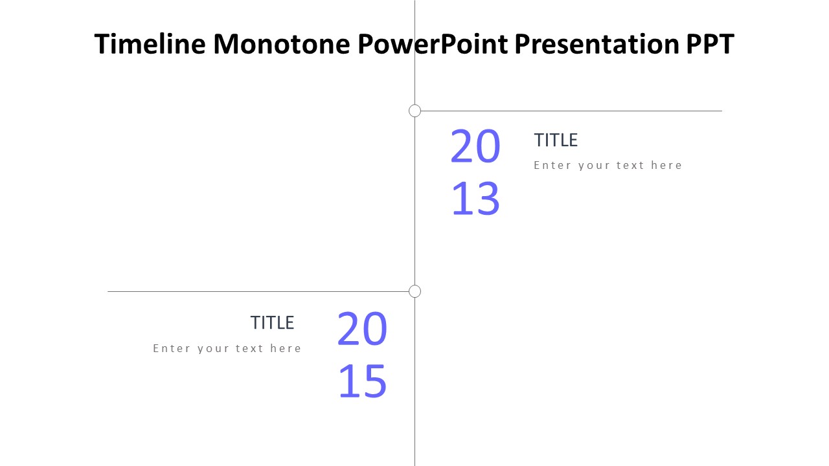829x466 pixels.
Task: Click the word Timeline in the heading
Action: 150,44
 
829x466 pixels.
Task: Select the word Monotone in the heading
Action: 282,44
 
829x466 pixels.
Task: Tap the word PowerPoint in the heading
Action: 433,44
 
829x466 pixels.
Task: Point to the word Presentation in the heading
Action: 596,44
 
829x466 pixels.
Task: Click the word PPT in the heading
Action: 710,44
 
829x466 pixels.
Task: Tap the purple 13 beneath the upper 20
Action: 475,198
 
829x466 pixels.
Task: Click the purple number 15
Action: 362,381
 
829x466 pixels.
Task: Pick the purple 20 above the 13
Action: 475,146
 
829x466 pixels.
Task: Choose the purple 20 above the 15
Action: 362,328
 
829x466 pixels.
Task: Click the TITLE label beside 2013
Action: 556,140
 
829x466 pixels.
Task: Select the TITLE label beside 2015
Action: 273,323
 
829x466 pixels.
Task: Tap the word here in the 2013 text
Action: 666,165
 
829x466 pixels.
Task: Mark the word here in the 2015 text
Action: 286,348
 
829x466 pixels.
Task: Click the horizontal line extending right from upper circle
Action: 571,111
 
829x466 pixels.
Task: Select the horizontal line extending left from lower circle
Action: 258,291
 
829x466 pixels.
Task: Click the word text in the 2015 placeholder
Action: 249,348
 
